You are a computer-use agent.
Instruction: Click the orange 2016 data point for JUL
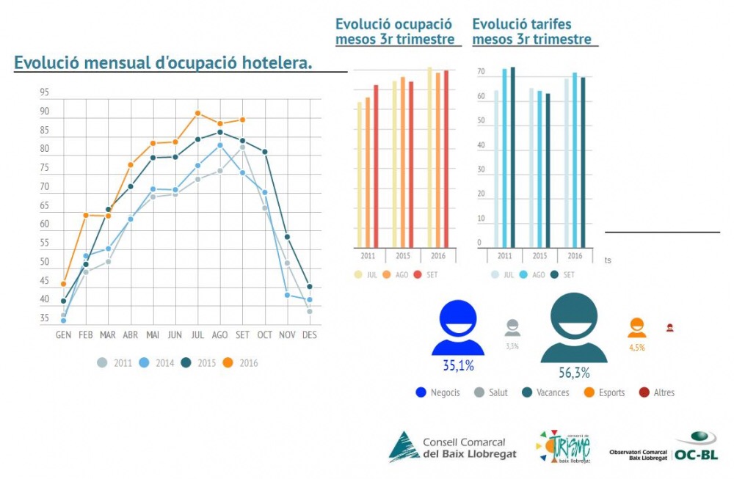pyautogui.click(x=197, y=113)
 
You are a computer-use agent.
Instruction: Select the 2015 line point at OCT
pyautogui.click(x=264, y=152)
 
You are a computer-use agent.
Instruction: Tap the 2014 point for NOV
pyautogui.click(x=287, y=295)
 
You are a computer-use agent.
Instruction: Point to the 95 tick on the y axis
pyautogui.click(x=45, y=92)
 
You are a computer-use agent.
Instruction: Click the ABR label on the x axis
pyautogui.click(x=131, y=334)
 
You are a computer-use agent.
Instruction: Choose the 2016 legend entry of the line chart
pyautogui.click(x=242, y=362)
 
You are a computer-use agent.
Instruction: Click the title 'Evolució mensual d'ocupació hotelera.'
pyautogui.click(x=163, y=64)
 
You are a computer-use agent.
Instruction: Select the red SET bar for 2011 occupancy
pyautogui.click(x=376, y=166)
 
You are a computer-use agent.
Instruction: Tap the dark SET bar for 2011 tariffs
pyautogui.click(x=512, y=157)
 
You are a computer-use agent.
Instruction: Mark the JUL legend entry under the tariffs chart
pyautogui.click(x=503, y=274)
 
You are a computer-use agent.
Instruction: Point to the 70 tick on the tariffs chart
pyautogui.click(x=480, y=72)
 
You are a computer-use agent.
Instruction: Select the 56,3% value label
pyautogui.click(x=573, y=373)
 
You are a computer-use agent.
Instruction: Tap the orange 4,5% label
pyautogui.click(x=636, y=348)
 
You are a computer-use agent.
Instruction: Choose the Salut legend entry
pyautogui.click(x=491, y=392)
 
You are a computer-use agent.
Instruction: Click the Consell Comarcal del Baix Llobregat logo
pyautogui.click(x=452, y=447)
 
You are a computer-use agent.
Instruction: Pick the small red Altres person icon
pyautogui.click(x=669, y=328)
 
